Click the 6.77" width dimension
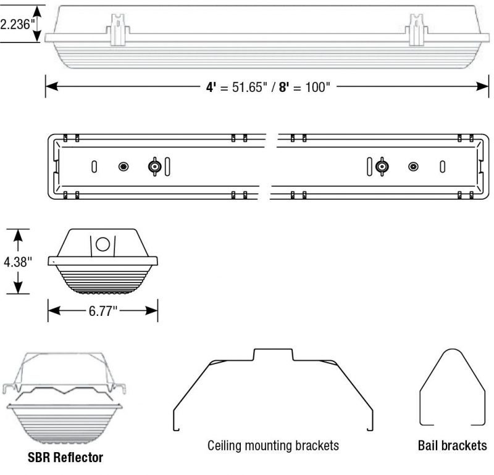point(103,311)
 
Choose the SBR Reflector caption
point(65,458)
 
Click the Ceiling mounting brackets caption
point(273,445)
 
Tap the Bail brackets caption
point(452,445)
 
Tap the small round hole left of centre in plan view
point(124,167)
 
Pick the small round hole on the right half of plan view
point(413,167)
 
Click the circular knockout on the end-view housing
point(104,244)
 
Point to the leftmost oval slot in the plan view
point(94,167)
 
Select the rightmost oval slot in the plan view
point(442,167)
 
